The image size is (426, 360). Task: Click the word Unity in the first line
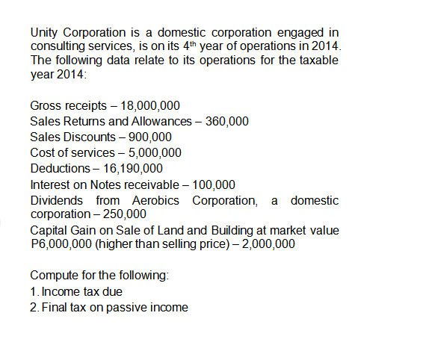[x=43, y=33]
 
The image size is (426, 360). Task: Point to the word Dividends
[x=57, y=200]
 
